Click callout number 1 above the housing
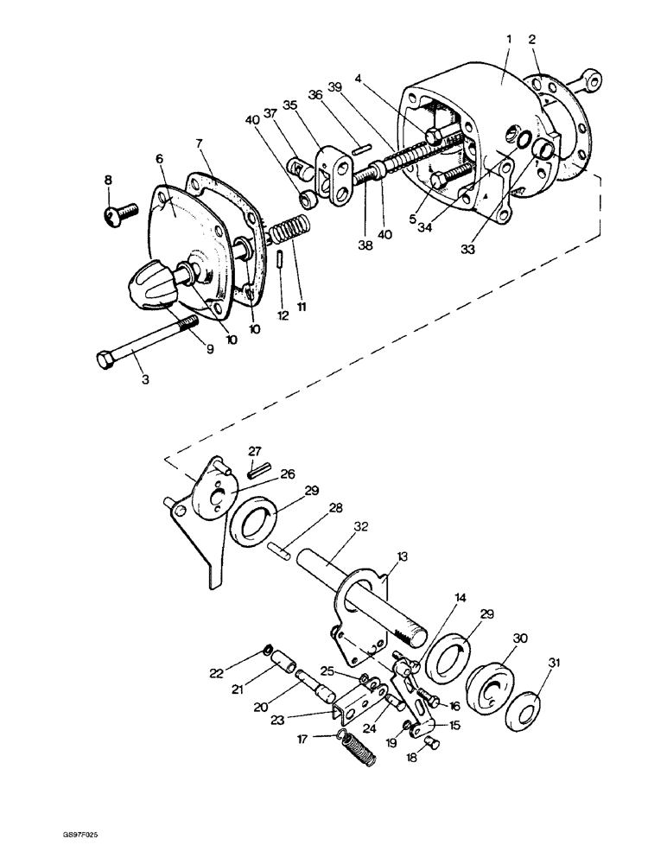coord(509,40)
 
